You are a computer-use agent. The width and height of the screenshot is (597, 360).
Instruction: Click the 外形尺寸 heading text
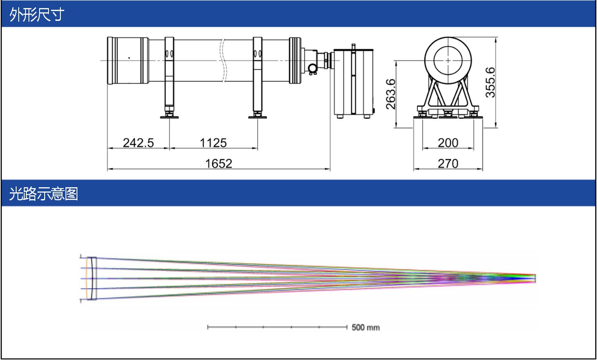click(x=37, y=14)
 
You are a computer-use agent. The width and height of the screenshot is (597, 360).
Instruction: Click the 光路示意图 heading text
click(x=43, y=194)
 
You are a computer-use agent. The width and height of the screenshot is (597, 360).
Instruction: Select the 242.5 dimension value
click(x=138, y=143)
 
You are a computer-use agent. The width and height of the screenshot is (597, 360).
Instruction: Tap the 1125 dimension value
click(x=213, y=143)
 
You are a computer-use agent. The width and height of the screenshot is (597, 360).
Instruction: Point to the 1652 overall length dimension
click(x=219, y=163)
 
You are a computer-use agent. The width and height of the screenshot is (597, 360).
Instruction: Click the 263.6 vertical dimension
click(x=391, y=94)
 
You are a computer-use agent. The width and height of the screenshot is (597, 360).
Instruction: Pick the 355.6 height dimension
click(x=490, y=83)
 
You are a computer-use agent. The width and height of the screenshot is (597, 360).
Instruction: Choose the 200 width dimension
click(x=448, y=143)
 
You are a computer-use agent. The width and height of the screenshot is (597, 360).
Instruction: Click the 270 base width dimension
click(x=448, y=163)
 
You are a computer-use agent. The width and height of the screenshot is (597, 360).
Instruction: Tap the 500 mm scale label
click(x=366, y=328)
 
